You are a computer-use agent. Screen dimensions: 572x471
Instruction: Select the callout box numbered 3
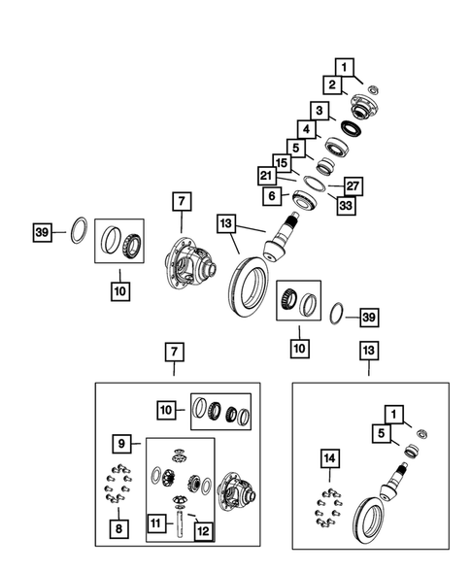point(318,110)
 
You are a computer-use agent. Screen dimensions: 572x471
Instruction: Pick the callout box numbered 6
point(274,195)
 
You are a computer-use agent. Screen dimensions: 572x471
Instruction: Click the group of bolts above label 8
point(118,486)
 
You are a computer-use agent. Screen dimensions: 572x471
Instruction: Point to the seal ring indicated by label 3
point(351,126)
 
